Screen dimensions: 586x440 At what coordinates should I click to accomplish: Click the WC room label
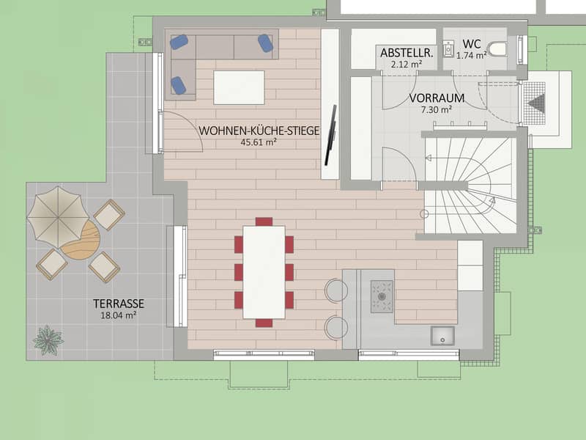[x=471, y=44]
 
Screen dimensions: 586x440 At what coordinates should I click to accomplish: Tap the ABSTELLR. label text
[x=407, y=53]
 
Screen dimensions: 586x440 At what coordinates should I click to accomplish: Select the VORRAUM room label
[x=437, y=98]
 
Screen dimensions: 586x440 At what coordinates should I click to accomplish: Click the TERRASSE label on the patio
[x=119, y=304]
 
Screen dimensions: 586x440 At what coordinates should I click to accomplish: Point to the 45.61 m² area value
[x=259, y=142]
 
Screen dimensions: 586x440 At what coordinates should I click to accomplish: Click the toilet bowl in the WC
[x=497, y=49]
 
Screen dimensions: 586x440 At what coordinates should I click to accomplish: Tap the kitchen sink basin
[x=442, y=336]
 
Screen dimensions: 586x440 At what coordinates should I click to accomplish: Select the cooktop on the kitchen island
[x=382, y=296]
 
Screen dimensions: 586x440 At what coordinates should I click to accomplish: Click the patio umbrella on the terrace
[x=59, y=217]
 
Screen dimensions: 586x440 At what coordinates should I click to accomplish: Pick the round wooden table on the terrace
[x=81, y=241]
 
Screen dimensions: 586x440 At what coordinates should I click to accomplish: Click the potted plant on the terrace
[x=48, y=340]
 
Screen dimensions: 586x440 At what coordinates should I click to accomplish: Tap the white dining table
[x=264, y=272]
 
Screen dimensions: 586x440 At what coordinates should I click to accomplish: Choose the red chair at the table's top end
[x=264, y=221]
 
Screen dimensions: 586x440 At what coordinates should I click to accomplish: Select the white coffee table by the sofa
[x=240, y=87]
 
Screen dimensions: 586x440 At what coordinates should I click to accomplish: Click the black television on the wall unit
[x=330, y=135]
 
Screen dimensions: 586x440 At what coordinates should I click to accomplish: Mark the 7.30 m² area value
[x=437, y=110]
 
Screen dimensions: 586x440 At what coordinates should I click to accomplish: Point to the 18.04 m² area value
[x=118, y=315]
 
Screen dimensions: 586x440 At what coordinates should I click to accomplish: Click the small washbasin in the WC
[x=448, y=49]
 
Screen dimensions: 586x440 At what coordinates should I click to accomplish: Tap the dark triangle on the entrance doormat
[x=537, y=103]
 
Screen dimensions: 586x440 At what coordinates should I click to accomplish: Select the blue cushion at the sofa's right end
[x=265, y=43]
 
